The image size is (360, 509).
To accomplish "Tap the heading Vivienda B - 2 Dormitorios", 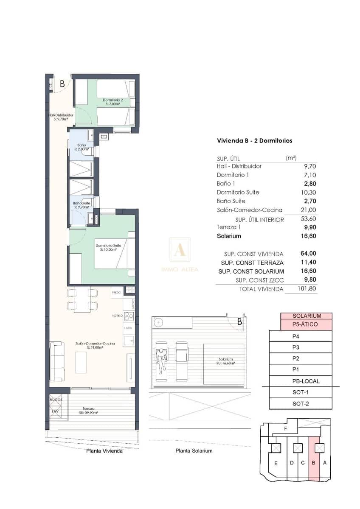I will [254, 140].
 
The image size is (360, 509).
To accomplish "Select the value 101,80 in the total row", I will [307, 289].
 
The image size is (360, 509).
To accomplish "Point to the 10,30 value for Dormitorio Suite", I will [308, 192].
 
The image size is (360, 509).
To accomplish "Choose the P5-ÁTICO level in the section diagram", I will [306, 325].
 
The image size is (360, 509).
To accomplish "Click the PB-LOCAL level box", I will [301, 381].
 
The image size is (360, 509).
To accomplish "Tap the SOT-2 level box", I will [301, 403].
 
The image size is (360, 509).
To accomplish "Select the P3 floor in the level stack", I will [301, 347].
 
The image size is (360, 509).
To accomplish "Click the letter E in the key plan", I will [276, 463].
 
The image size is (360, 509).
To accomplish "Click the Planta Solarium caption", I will [194, 450].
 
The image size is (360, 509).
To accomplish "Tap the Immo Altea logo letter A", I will [180, 250].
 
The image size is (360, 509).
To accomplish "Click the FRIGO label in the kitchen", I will [116, 292].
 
